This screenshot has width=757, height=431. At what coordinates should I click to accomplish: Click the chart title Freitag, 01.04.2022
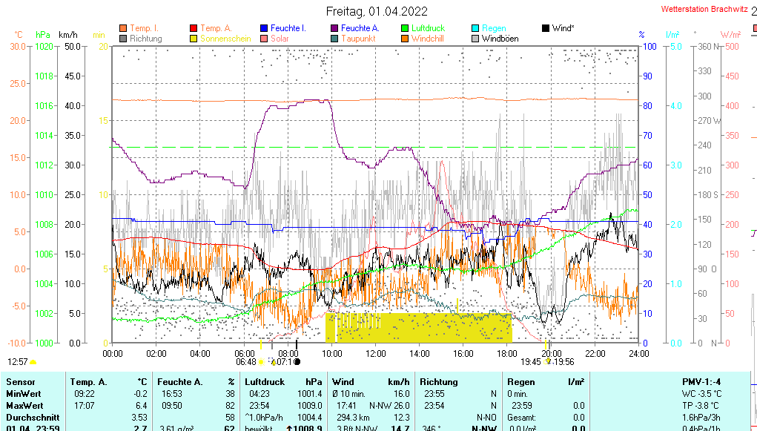(x=378, y=11)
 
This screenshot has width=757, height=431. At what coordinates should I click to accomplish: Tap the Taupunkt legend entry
(x=358, y=39)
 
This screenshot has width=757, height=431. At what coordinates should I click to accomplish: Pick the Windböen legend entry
(x=500, y=39)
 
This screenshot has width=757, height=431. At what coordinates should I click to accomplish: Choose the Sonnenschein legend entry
(x=225, y=39)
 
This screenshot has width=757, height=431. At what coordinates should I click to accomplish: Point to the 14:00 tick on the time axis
(x=419, y=353)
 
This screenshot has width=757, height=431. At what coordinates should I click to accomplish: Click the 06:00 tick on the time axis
(x=244, y=353)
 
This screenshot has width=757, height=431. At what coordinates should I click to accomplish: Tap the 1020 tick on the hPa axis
(x=44, y=46)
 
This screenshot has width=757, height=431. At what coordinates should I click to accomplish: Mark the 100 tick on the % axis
(x=648, y=46)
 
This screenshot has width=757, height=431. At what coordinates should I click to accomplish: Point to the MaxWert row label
(x=24, y=406)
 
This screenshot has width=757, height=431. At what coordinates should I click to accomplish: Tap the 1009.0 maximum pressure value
(x=310, y=406)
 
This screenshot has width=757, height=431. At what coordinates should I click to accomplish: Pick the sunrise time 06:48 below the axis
(x=245, y=362)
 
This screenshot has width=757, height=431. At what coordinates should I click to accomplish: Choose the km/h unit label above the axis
(x=68, y=35)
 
